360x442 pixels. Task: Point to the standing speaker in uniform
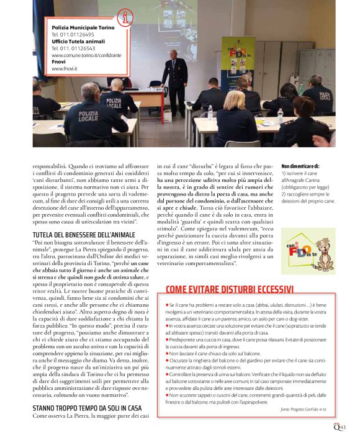pos(174,81)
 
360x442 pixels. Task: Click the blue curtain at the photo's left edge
pos(36,37)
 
